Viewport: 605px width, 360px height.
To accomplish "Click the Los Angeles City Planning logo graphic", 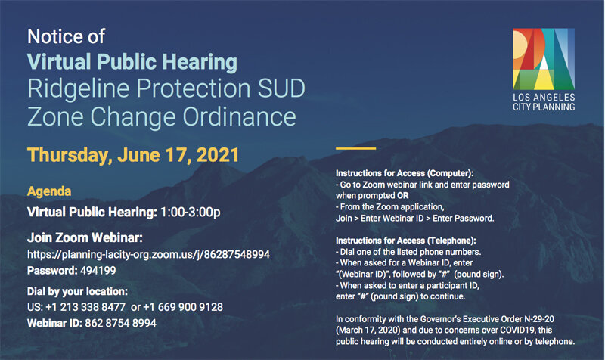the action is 544,59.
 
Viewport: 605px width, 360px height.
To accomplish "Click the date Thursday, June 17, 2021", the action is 133,155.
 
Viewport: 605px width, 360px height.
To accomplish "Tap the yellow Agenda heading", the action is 49,191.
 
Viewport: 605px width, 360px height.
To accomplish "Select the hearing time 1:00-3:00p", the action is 191,212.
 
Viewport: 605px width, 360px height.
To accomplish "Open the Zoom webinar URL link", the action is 148,255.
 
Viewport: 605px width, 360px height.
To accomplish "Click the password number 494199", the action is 98,271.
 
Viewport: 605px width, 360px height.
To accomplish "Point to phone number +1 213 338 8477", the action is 85,307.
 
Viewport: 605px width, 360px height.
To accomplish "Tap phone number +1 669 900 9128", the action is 183,307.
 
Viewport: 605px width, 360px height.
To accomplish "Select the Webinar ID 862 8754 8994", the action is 120,323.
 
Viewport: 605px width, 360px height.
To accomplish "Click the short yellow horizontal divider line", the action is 355,148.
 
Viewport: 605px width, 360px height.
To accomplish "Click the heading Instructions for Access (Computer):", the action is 405,173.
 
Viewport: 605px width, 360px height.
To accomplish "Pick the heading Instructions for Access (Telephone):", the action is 406,241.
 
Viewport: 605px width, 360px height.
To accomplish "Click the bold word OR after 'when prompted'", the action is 403,196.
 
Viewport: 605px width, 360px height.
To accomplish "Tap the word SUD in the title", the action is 281,88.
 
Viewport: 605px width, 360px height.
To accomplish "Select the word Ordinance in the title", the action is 239,116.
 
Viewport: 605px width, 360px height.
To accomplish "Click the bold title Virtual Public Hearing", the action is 132,63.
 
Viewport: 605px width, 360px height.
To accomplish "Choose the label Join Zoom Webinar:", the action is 85,237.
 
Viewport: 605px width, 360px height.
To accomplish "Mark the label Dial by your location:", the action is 78,291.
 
